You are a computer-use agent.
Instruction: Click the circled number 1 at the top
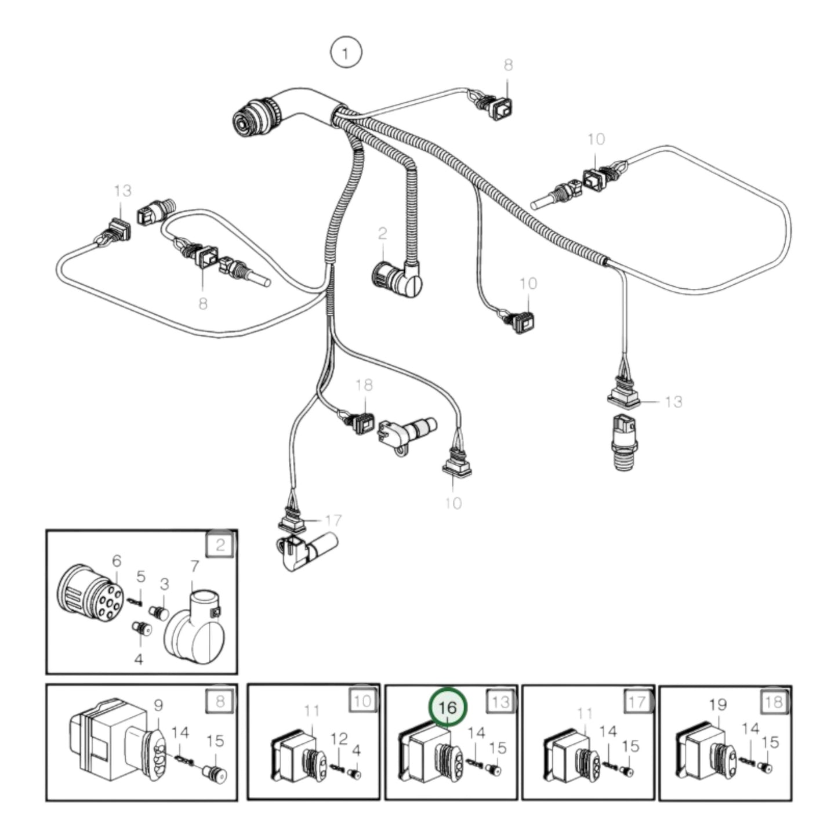[x=346, y=54]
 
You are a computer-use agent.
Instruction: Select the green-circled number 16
[x=447, y=708]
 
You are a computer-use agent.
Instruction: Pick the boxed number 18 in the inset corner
[x=774, y=702]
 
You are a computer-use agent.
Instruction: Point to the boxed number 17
[x=637, y=702]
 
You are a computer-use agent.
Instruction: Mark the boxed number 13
[x=500, y=702]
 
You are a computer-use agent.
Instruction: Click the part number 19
[x=717, y=705]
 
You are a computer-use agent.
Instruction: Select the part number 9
[x=158, y=706]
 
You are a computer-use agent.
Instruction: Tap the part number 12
[x=339, y=738]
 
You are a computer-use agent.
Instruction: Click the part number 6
[x=117, y=561]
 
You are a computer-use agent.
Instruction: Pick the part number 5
[x=140, y=576]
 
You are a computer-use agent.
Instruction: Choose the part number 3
[x=164, y=584]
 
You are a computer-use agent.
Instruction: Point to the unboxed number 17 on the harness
[x=333, y=520]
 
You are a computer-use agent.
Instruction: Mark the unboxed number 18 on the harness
[x=364, y=385]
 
